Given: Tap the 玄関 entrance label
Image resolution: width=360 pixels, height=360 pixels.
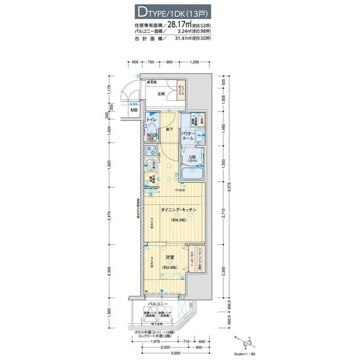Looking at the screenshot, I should tap(160, 93).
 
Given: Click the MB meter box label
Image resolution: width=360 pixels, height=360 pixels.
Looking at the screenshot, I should tap(134, 110).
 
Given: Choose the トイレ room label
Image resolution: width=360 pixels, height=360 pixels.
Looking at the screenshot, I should tap(152, 120).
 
